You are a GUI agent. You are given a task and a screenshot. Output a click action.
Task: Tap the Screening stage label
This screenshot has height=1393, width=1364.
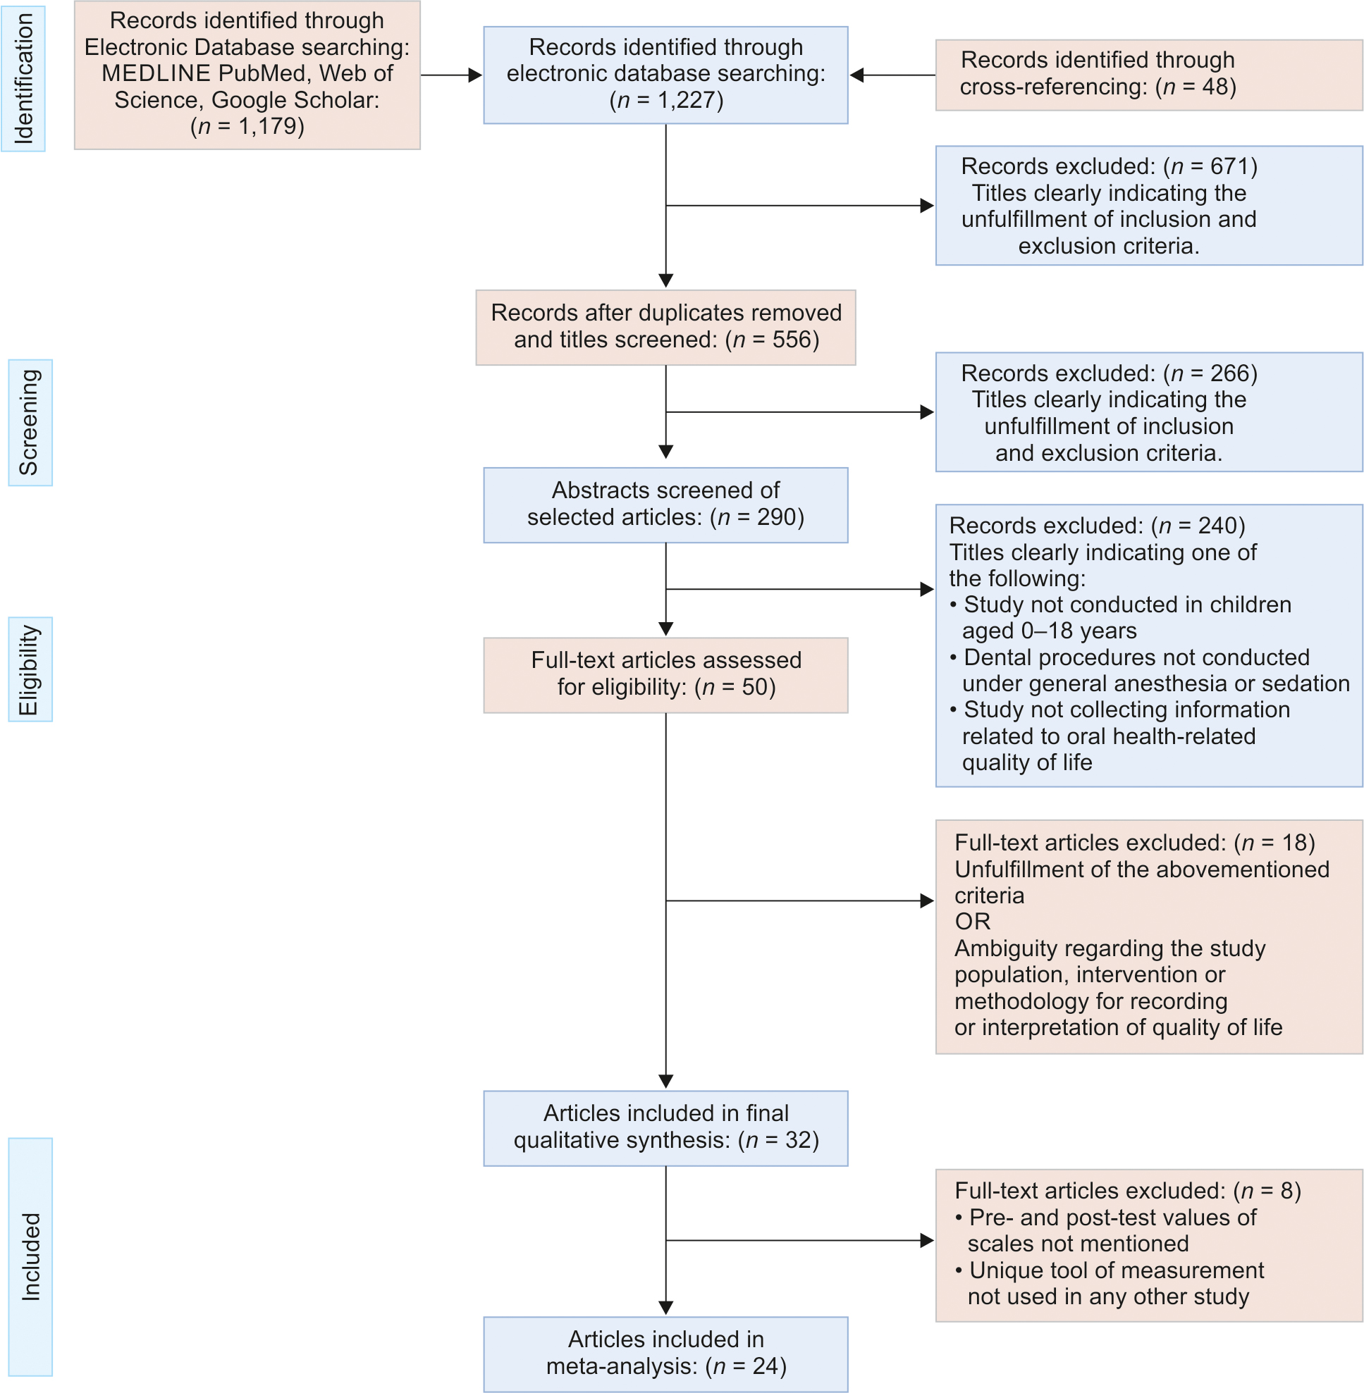point(30,423)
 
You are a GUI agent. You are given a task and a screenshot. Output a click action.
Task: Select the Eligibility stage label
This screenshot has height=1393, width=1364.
point(30,669)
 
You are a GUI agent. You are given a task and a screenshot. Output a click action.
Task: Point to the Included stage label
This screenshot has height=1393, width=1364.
point(30,1256)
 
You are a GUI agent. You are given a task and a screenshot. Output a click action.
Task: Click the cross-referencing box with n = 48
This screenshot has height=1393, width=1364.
point(1148,75)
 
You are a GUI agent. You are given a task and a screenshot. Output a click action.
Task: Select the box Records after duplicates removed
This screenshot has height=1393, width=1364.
point(665,328)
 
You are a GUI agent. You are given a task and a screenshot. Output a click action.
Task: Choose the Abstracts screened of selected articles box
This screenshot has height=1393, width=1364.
point(665,505)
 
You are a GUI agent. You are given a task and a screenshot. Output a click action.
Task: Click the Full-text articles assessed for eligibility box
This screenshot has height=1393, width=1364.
point(665,674)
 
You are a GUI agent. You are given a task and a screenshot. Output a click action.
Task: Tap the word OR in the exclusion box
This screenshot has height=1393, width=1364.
point(972,922)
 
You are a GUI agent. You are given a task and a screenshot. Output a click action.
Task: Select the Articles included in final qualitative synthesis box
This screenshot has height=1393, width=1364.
point(665,1128)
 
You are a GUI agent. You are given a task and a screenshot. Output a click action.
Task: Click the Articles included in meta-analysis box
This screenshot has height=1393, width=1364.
point(665,1354)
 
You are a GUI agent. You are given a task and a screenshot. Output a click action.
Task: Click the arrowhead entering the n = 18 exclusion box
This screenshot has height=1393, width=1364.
point(927,901)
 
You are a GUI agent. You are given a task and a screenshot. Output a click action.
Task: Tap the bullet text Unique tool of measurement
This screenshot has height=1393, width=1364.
point(1116,1270)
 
